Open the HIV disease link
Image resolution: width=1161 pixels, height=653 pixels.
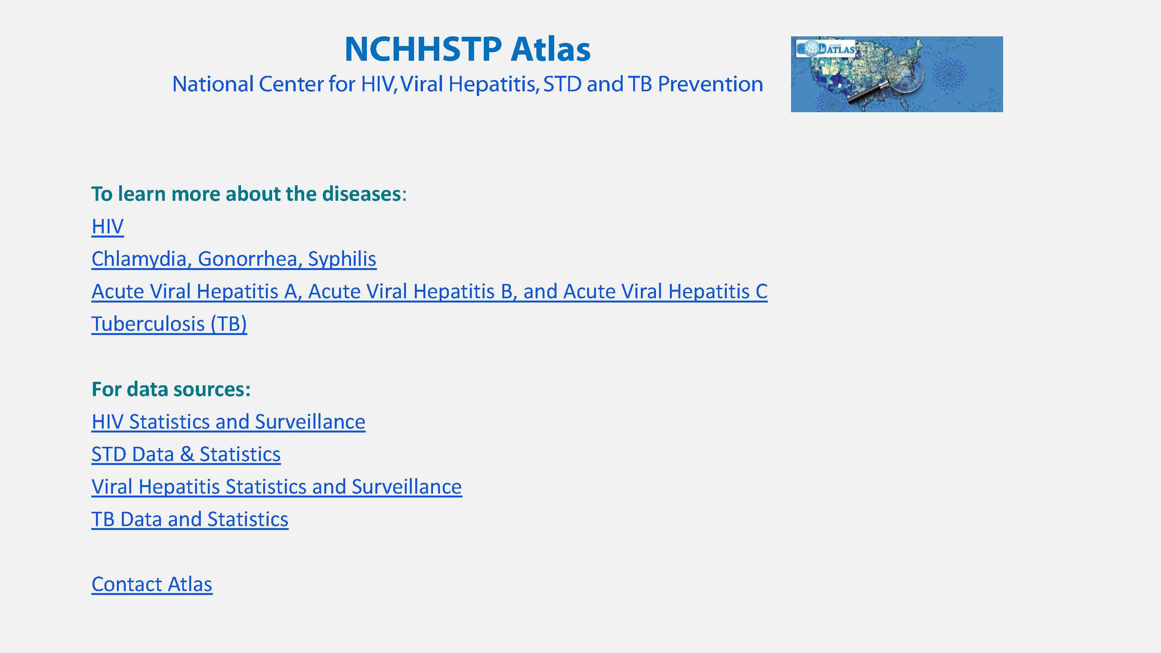(x=108, y=226)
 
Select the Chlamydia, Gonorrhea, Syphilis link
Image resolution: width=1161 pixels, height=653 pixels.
(x=234, y=259)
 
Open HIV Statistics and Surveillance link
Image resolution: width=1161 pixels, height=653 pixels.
(x=228, y=422)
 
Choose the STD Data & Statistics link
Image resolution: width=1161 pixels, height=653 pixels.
(x=186, y=454)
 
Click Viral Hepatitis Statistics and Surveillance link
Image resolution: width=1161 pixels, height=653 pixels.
(x=277, y=487)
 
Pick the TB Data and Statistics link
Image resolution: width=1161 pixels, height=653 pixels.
(x=190, y=519)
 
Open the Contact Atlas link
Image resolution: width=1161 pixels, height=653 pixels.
(x=152, y=585)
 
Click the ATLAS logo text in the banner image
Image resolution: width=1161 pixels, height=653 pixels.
(x=841, y=49)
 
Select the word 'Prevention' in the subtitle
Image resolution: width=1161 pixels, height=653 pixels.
(x=710, y=84)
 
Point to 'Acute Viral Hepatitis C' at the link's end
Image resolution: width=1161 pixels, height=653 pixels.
(x=665, y=292)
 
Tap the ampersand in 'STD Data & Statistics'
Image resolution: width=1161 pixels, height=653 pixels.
(x=187, y=454)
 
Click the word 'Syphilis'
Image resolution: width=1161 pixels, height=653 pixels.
(x=342, y=259)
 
